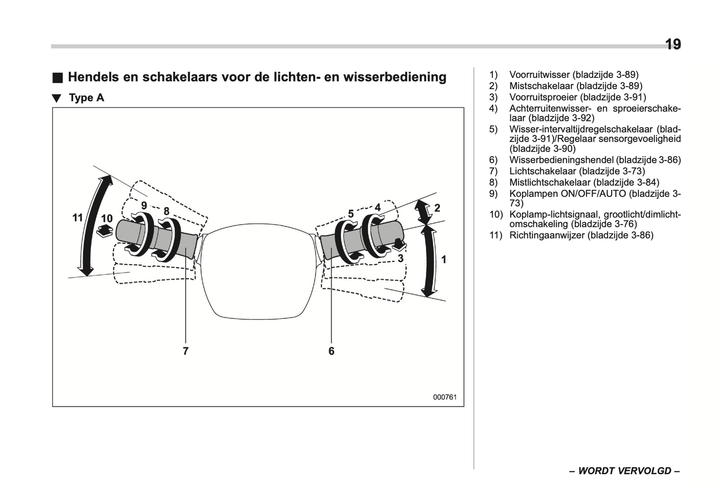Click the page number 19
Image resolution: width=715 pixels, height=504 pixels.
(672, 45)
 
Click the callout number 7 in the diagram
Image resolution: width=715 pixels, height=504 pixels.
(186, 351)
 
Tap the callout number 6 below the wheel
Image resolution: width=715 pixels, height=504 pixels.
(331, 351)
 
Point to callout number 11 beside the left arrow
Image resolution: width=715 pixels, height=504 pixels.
(78, 217)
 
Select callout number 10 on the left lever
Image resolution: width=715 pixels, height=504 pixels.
(107, 218)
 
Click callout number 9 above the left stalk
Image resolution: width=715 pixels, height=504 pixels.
(144, 205)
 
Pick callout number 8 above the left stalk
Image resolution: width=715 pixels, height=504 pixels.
(166, 211)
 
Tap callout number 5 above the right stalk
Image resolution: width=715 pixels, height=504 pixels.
(351, 214)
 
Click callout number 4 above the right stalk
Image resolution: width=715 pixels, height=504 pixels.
(378, 207)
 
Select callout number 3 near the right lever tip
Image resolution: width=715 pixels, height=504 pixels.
(400, 258)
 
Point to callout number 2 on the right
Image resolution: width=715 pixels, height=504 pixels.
(437, 208)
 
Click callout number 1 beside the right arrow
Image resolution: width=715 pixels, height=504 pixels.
(443, 259)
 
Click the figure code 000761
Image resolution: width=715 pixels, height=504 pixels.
(444, 397)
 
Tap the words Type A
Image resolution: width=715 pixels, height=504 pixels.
(87, 98)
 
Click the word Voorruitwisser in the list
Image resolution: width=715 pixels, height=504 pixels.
(539, 75)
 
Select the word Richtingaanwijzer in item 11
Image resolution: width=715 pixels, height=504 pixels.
(547, 235)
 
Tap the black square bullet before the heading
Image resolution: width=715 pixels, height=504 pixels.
(58, 78)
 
